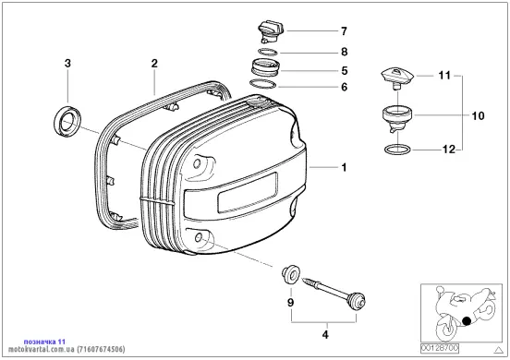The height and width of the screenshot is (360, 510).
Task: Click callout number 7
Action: [344, 31]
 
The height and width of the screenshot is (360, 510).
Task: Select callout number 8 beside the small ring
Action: [344, 52]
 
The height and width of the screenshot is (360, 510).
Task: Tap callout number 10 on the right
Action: [478, 115]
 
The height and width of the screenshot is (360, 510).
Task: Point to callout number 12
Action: [449, 150]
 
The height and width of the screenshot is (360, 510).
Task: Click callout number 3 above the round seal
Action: [67, 63]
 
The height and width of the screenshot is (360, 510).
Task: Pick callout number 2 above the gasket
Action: [154, 63]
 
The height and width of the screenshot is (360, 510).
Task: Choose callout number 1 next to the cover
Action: [344, 167]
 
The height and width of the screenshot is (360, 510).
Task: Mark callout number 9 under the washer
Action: [290, 303]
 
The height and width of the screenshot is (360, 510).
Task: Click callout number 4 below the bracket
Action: [325, 334]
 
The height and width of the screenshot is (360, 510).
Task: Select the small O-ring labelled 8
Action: [268, 52]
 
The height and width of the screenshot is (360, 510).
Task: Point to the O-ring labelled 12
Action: [397, 150]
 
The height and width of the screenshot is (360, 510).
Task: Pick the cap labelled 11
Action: [398, 78]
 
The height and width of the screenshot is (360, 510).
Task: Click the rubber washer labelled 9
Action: [291, 274]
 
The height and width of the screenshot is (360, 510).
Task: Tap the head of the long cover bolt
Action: [358, 301]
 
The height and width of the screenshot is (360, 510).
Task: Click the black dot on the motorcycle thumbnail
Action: [467, 321]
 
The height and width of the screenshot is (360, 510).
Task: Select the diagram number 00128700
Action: [440, 348]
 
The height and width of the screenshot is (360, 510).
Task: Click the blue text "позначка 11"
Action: [44, 342]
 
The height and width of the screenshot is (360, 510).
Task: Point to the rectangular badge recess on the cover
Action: [248, 192]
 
